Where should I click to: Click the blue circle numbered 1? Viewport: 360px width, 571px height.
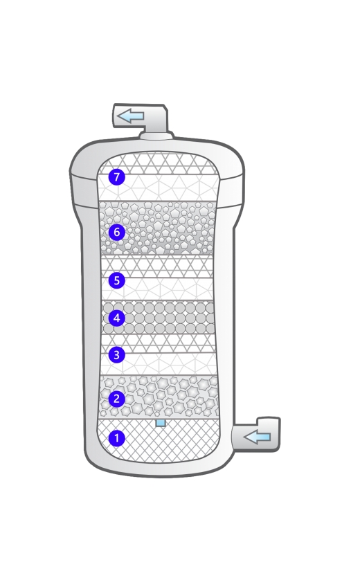tap(116, 438)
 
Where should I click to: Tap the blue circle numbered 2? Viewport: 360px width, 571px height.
tap(116, 399)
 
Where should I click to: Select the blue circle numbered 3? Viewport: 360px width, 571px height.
tap(116, 354)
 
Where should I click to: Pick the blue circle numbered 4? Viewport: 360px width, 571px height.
tap(116, 318)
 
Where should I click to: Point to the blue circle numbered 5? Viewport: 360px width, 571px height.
tap(116, 280)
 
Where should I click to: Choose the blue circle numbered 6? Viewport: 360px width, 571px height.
tap(116, 232)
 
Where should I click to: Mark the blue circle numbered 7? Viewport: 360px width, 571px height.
tap(116, 177)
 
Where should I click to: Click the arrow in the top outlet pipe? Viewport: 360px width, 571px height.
tap(130, 116)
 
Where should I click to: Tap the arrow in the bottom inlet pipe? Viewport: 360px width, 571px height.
tap(257, 436)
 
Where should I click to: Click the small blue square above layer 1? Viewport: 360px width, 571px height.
tap(161, 423)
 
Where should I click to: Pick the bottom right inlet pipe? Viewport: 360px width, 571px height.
tap(256, 435)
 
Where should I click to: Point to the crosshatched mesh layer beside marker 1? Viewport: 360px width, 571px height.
tap(159, 442)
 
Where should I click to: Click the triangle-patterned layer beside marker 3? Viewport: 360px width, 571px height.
tap(158, 354)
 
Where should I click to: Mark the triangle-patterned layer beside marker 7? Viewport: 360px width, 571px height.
tap(159, 177)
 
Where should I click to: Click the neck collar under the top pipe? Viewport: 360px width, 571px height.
tap(156, 136)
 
